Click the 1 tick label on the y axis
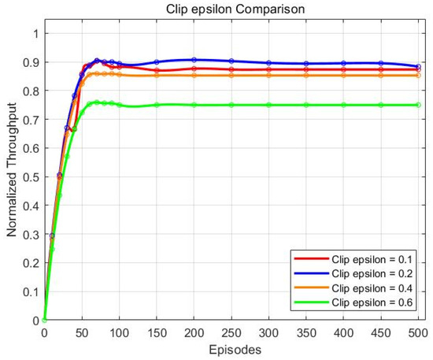tap(35, 33)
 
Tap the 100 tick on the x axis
tap(119, 332)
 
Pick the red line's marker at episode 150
tap(157, 71)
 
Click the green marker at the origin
tap(45, 321)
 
